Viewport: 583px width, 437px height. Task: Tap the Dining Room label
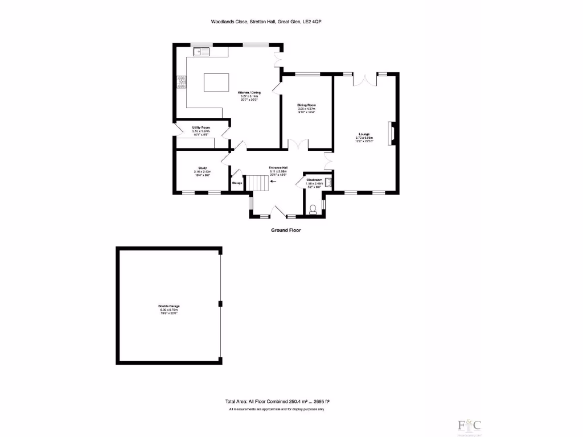pyautogui.click(x=306, y=105)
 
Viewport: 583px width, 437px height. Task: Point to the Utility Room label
pyautogui.click(x=201, y=127)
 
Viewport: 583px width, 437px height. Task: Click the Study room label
pyautogui.click(x=202, y=168)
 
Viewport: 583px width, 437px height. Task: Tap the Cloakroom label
pyautogui.click(x=314, y=180)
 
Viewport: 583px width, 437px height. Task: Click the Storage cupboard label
pyautogui.click(x=237, y=183)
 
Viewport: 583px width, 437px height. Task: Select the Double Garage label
pyautogui.click(x=169, y=306)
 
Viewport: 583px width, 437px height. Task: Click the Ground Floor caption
pyautogui.click(x=286, y=230)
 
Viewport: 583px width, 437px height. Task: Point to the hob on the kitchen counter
pyautogui.click(x=183, y=82)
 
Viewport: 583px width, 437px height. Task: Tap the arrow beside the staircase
pyautogui.click(x=274, y=182)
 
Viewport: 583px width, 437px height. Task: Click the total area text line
pyautogui.click(x=277, y=401)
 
